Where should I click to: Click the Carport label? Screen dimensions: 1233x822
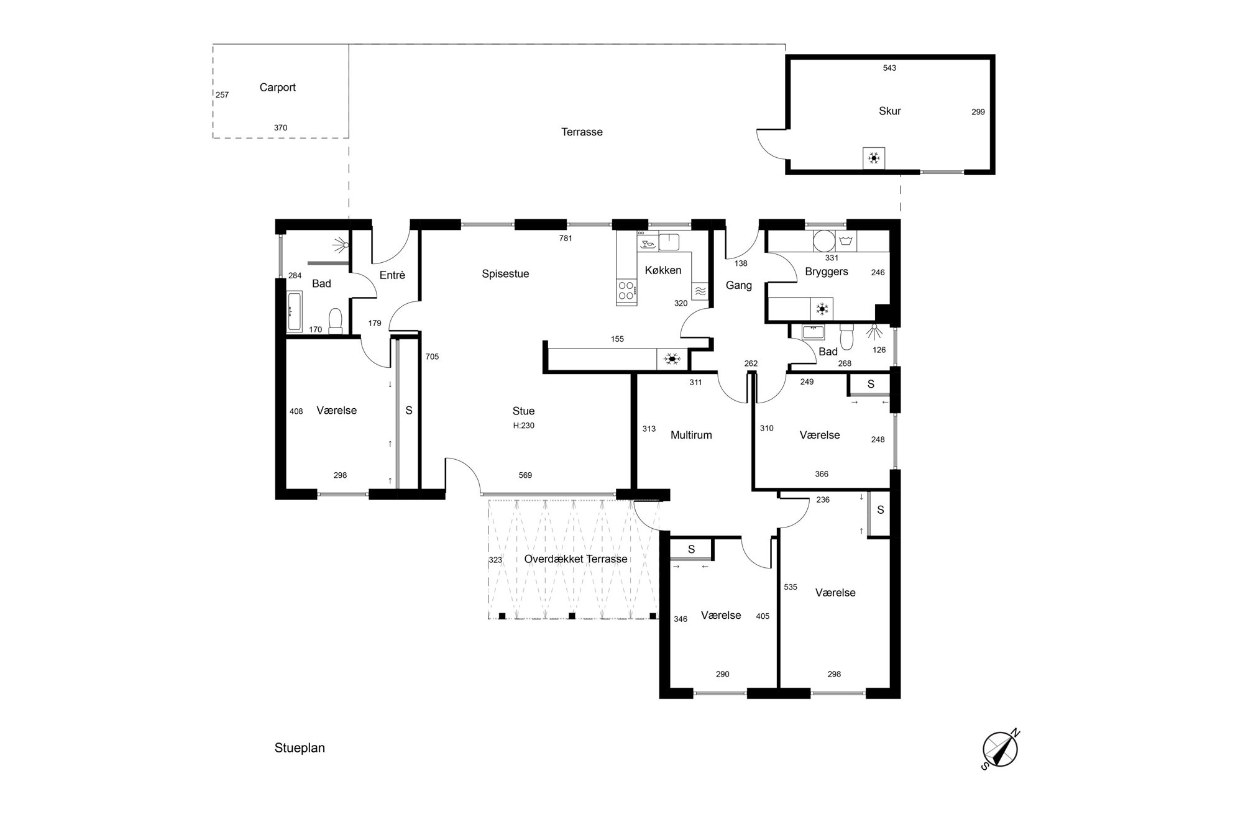pos(277,88)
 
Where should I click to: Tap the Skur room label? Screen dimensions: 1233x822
pos(889,111)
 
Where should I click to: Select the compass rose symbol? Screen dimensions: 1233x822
pos(1000,749)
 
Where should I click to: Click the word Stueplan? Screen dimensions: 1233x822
pos(300,748)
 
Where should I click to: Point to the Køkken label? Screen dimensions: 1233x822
pos(663,270)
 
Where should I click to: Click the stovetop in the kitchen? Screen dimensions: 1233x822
pos(626,290)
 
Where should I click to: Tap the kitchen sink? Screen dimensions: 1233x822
pos(669,242)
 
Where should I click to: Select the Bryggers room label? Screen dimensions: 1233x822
pos(827,272)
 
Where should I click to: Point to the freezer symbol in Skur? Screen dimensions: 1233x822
pos(874,158)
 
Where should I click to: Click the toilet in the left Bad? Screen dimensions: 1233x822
pos(336,321)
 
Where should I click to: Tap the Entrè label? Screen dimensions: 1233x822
pos(392,275)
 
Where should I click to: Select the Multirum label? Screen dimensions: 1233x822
pos(691,436)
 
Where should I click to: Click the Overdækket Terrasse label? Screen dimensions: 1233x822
pos(575,559)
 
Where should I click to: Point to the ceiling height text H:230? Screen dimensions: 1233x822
pos(523,426)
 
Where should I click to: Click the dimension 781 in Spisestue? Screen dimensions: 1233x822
pos(566,239)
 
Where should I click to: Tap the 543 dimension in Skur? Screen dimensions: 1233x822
pos(889,68)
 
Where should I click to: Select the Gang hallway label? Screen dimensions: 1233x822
pos(739,286)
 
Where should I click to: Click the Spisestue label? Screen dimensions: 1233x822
pos(505,274)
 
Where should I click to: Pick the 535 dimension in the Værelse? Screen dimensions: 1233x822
pos(791,587)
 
